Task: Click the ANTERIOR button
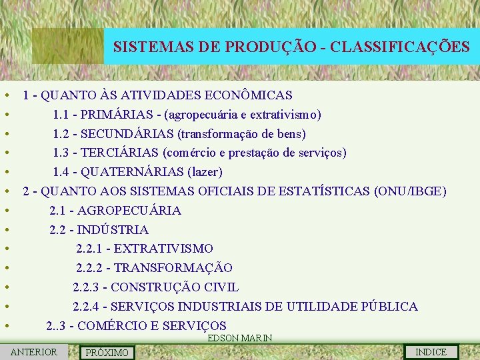tap(34, 352)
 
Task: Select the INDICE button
tap(431, 352)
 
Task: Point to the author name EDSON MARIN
tap(240, 338)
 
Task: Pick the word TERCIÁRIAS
tap(119, 153)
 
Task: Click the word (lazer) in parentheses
tap(205, 173)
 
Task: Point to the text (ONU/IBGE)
tap(411, 191)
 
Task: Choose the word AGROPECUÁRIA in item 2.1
tap(129, 211)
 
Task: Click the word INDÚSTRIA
tap(113, 230)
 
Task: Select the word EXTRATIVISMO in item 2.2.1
tap(164, 249)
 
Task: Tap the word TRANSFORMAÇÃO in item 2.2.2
tap(173, 268)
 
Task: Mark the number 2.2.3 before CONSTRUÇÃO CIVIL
tap(89, 287)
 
